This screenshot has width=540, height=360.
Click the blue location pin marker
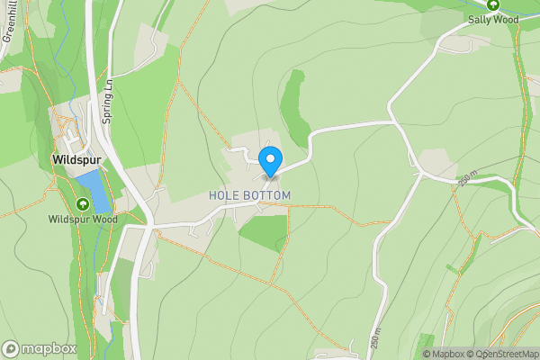[x=269, y=161]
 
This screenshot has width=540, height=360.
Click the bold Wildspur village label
[x=76, y=161]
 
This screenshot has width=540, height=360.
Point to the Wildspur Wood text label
[x=83, y=219]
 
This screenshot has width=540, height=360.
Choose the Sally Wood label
[x=493, y=18]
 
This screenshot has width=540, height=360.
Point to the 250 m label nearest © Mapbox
[x=374, y=337]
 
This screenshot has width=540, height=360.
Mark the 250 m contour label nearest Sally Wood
[x=465, y=178]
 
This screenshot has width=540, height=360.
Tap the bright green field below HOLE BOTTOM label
[x=265, y=231]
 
